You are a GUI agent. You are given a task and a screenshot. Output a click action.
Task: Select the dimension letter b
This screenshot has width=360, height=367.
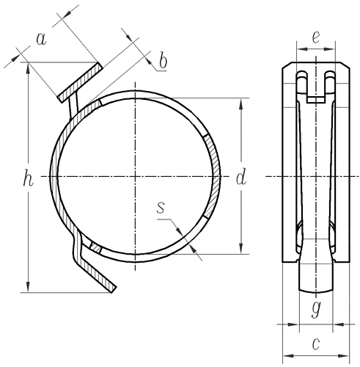tap(162, 62)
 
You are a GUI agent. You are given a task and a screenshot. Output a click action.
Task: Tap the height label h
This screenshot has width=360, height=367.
tap(28, 178)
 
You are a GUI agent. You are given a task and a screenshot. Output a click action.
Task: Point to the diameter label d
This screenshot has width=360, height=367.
tap(240, 176)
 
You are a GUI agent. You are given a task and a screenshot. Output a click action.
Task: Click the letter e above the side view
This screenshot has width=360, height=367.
tap(316, 37)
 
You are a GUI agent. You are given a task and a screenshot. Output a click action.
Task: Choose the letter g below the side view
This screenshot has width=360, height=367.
tap(316, 308)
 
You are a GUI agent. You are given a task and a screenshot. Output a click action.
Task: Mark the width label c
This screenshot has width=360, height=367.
tap(316, 343)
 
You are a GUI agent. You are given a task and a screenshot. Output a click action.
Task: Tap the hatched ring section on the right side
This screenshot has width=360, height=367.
tap(210, 176)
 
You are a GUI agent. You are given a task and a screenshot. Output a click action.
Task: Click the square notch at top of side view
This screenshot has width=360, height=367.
tap(316, 92)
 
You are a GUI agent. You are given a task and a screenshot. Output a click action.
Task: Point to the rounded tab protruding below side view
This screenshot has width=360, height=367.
tap(316, 279)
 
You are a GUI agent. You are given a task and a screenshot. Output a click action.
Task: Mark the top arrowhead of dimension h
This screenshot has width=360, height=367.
tap(28, 66)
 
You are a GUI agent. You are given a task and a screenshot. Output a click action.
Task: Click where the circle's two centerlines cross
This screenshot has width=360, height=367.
tap(136, 176)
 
